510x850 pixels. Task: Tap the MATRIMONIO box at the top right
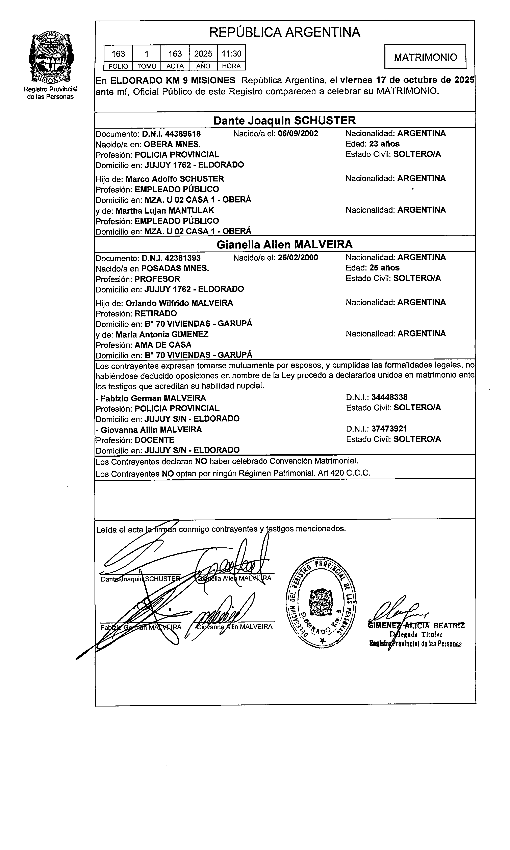tap(425, 57)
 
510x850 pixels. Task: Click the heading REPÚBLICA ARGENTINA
tap(285, 32)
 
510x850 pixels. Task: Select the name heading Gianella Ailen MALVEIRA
tap(285, 244)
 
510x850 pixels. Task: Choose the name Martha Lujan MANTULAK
tap(165, 210)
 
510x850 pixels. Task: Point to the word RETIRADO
tap(156, 313)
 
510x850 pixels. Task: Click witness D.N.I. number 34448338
tap(389, 397)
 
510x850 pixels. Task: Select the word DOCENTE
tap(154, 440)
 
